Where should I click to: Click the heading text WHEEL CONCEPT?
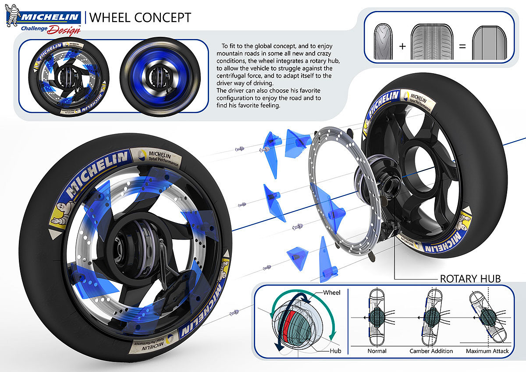[140, 18]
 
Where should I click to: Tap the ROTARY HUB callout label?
[470, 279]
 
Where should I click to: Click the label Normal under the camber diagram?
[377, 351]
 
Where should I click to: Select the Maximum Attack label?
[487, 351]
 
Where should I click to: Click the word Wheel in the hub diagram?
[331, 292]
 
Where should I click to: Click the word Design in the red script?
[64, 30]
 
